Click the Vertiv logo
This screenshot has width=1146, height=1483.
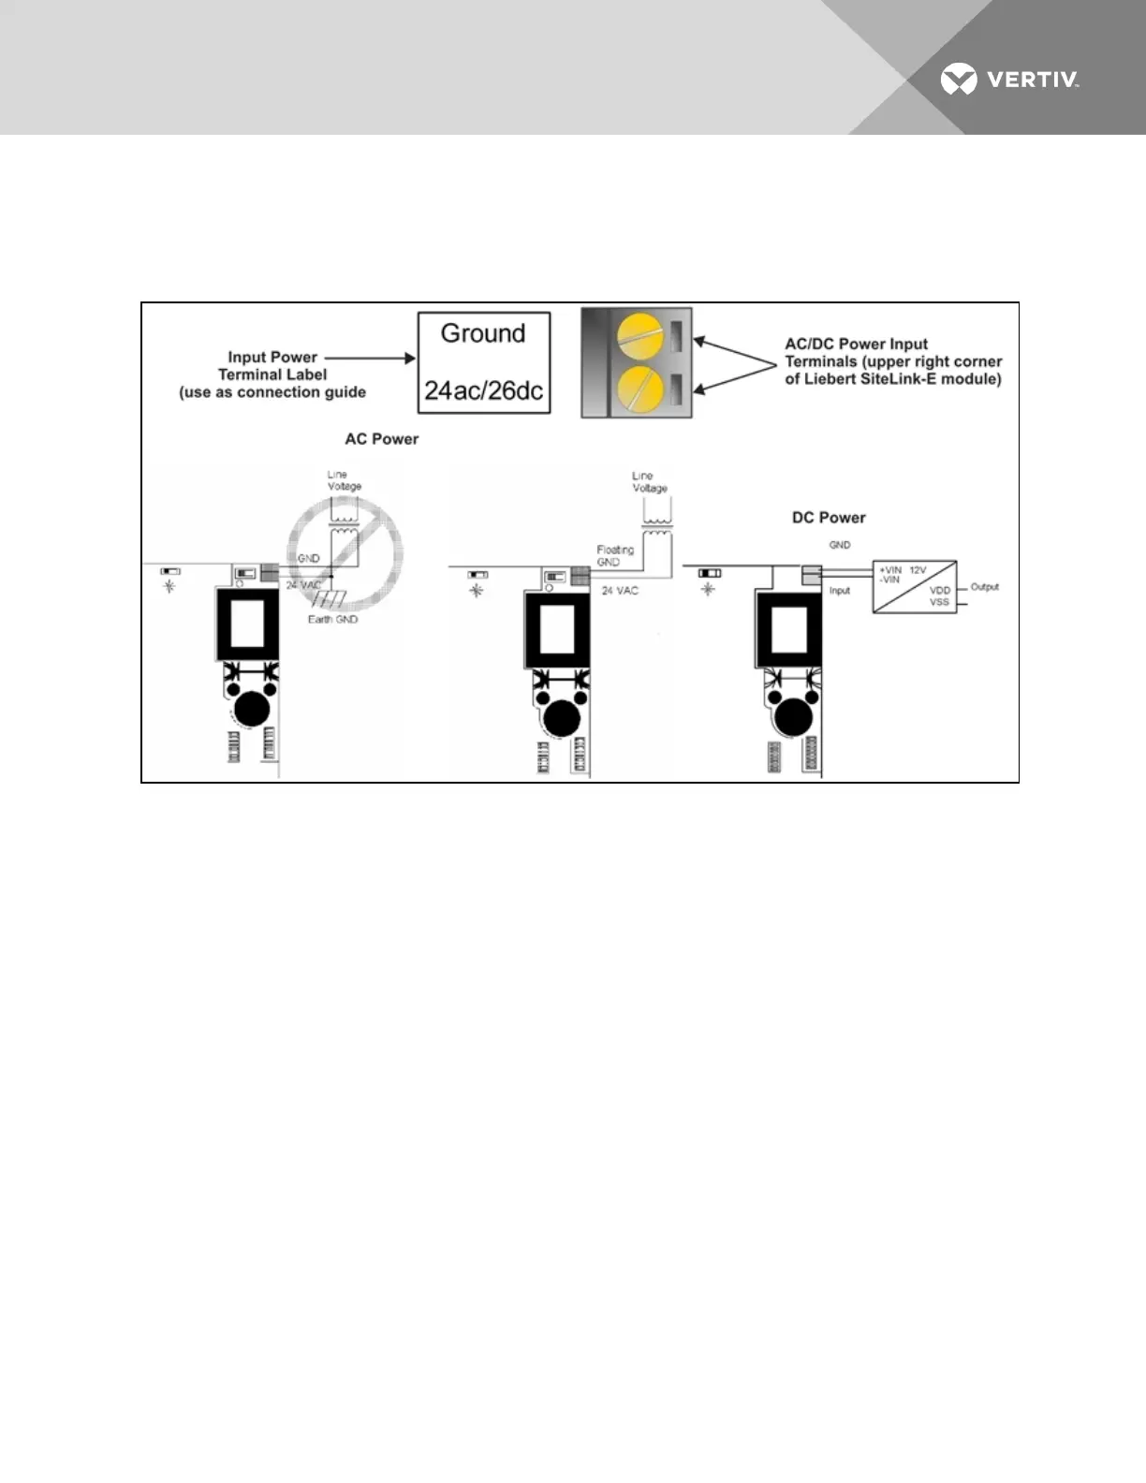click(x=1009, y=80)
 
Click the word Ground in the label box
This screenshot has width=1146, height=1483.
click(x=483, y=333)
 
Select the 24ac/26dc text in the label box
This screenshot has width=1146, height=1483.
click(x=483, y=390)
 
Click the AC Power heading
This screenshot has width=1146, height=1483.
click(x=381, y=439)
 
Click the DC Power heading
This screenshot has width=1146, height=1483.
click(x=829, y=518)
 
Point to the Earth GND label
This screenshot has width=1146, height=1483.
click(x=332, y=620)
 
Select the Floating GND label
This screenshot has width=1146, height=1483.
click(x=615, y=556)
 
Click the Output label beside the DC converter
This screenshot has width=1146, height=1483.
click(x=984, y=587)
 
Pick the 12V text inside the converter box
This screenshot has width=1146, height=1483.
click(x=918, y=569)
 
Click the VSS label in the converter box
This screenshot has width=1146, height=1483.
click(x=939, y=602)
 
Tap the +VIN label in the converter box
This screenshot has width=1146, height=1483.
click(x=889, y=569)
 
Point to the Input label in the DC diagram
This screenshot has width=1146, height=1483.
click(x=840, y=591)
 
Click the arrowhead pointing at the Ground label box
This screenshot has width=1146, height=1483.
click(x=409, y=358)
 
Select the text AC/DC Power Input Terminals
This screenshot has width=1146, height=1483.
click(x=856, y=352)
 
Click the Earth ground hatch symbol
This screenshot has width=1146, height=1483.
click(x=331, y=599)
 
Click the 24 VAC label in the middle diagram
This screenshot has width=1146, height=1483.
click(x=620, y=591)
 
